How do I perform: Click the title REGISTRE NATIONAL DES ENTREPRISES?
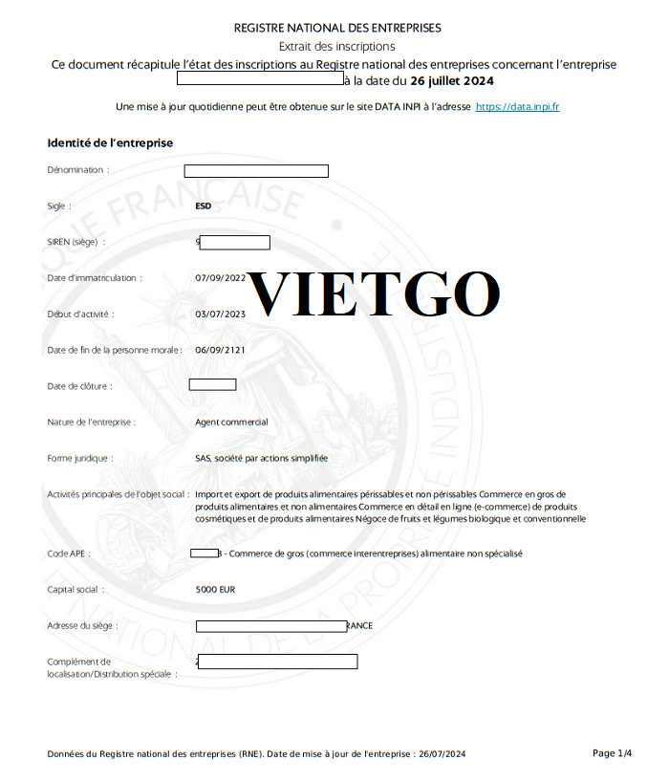(337, 28)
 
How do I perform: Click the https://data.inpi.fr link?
(517, 106)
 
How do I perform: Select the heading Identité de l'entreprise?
(110, 142)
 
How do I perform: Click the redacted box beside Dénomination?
(256, 171)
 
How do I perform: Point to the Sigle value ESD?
(203, 206)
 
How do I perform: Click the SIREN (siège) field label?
(76, 242)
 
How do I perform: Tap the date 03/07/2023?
(220, 314)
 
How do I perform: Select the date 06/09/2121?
(220, 350)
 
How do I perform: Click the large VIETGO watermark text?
(373, 294)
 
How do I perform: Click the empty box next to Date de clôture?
(212, 385)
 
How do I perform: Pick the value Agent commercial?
(231, 422)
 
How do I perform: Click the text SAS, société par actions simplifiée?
(261, 458)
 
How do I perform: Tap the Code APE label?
(71, 553)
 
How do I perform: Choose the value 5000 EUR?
(215, 590)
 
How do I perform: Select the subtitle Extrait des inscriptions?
(336, 46)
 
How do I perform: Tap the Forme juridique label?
(80, 458)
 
